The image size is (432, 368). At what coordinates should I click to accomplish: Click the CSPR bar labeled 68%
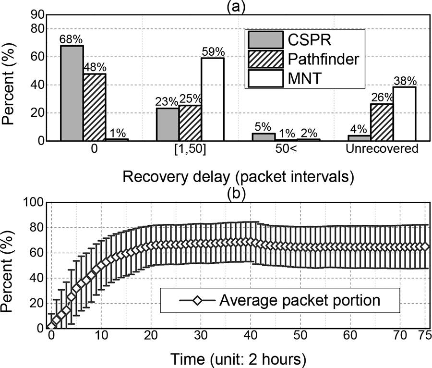72,93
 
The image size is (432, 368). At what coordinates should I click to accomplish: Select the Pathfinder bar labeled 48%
95,107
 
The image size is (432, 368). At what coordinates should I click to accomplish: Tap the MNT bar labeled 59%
212,99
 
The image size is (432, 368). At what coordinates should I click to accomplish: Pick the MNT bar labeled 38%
404,114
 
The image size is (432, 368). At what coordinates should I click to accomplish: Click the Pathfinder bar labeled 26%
382,123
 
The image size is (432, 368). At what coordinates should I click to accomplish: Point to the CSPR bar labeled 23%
167,124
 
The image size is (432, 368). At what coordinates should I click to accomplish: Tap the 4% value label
358,129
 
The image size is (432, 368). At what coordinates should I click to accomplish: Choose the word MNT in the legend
301,79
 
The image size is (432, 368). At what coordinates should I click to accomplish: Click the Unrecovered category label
382,149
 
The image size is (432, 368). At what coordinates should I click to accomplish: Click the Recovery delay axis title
238,177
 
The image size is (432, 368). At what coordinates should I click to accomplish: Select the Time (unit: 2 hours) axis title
238,358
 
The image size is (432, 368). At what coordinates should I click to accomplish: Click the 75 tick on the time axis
424,334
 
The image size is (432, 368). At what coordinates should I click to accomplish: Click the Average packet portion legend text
300,301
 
